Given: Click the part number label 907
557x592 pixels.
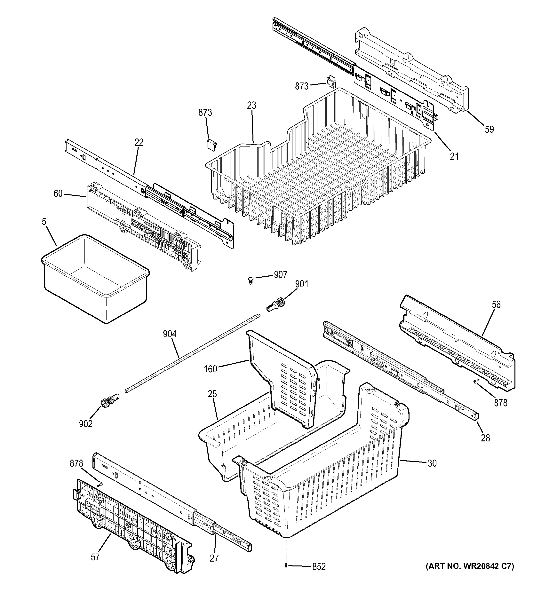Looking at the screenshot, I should point(280,275).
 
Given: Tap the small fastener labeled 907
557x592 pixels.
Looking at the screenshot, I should point(250,280).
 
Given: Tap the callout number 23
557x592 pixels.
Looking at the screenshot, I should point(251,105).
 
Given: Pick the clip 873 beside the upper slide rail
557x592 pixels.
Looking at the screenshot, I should point(331,82).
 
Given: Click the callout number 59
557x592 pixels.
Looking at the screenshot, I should point(489,129).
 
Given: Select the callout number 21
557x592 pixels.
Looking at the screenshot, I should point(454,156).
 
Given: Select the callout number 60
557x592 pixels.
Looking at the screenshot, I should point(58,194).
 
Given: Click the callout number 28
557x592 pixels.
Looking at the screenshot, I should point(485,438).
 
